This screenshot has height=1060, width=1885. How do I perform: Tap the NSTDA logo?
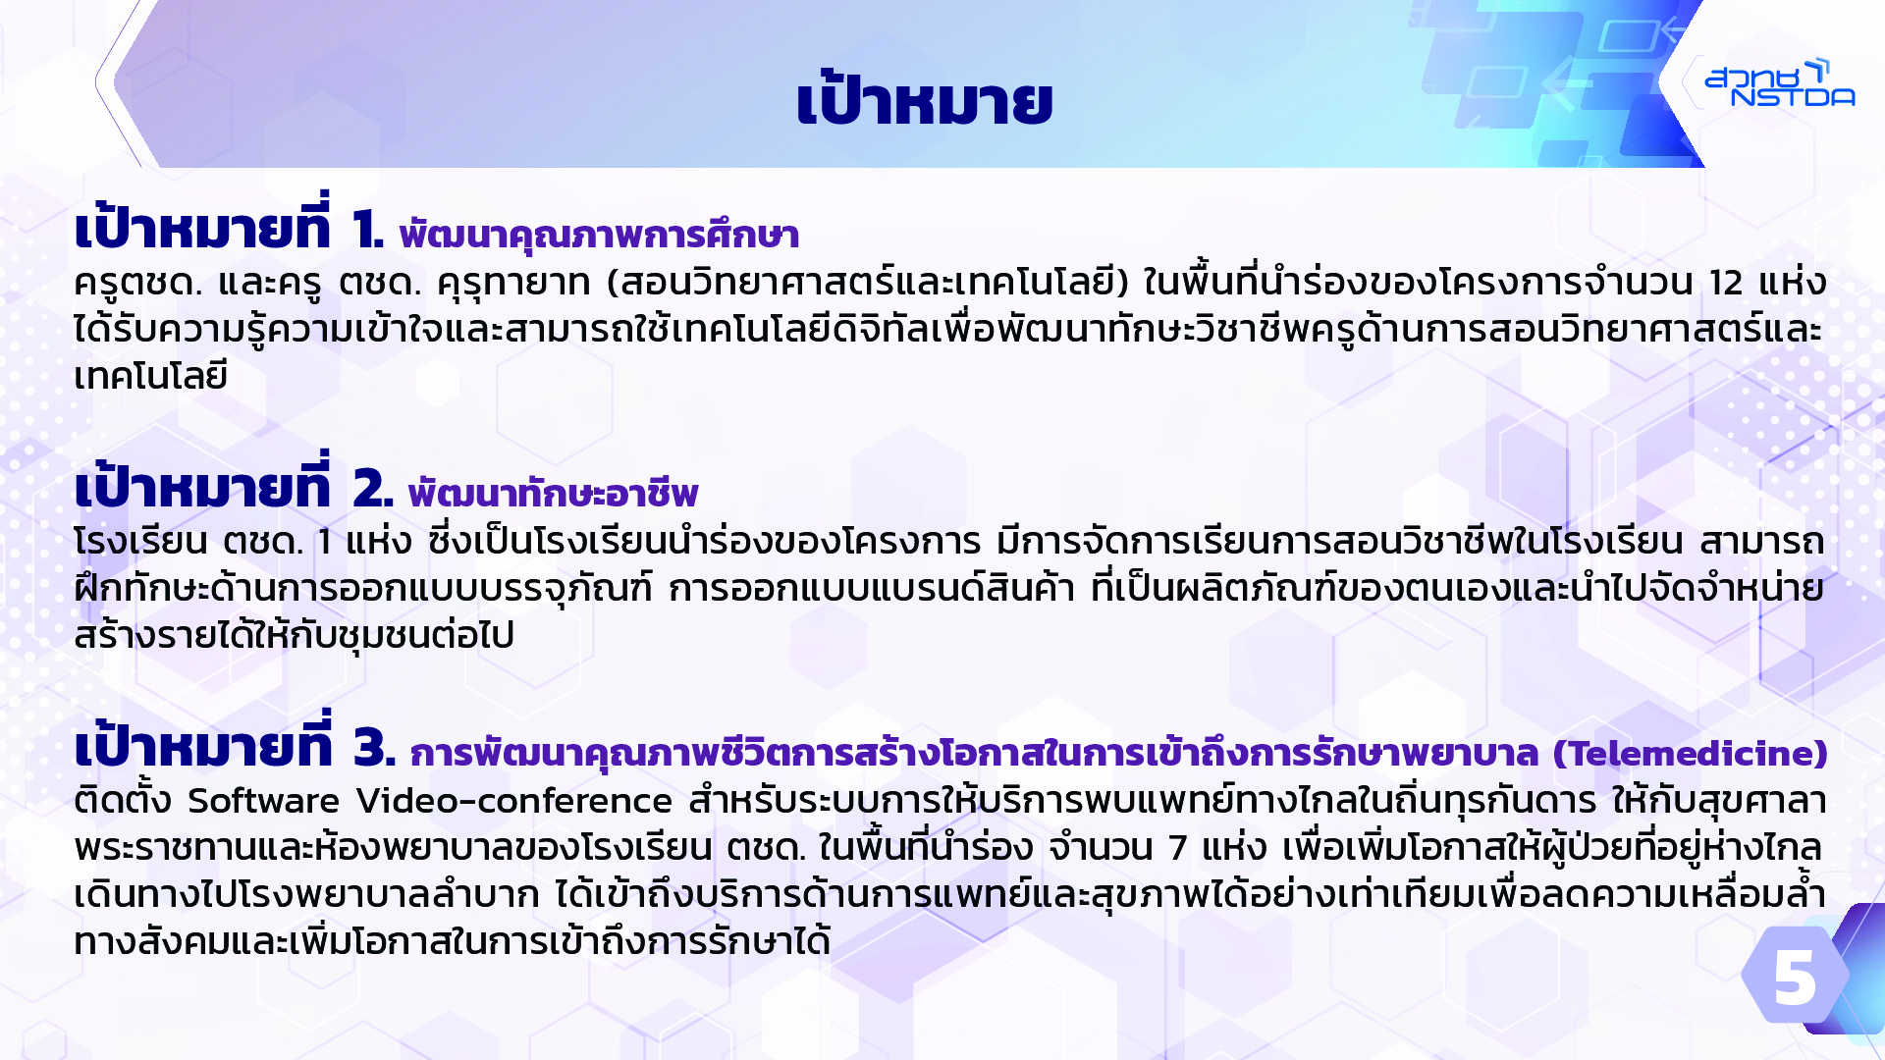click(1779, 82)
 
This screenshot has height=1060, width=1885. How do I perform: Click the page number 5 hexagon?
click(1796, 976)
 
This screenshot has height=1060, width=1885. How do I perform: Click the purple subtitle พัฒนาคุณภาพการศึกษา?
click(599, 235)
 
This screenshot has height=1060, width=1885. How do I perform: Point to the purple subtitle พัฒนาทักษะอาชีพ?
click(553, 493)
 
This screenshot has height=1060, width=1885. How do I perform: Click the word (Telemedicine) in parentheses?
click(1690, 753)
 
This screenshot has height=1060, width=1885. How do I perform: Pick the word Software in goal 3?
click(263, 801)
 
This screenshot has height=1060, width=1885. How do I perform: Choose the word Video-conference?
click(514, 801)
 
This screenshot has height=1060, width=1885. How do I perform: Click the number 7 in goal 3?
click(1178, 847)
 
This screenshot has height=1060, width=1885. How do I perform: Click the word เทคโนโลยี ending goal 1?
click(151, 375)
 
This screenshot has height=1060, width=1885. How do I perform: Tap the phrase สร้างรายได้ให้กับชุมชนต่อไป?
click(295, 634)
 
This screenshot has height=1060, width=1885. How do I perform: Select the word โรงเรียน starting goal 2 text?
click(140, 541)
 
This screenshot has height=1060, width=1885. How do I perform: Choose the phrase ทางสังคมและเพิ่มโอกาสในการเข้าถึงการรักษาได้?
click(453, 940)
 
